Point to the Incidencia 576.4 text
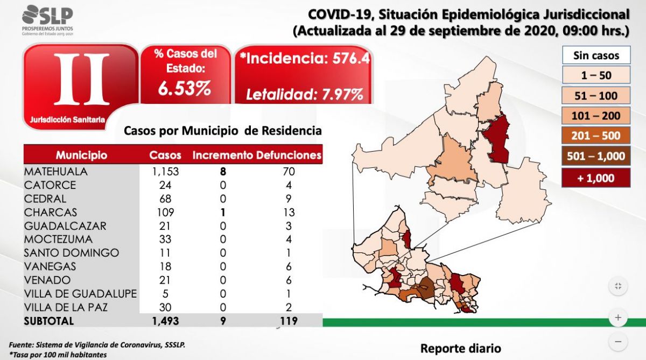pyautogui.click(x=307, y=59)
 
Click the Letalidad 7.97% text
pyautogui.click(x=304, y=95)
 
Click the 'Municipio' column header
pyautogui.click(x=81, y=156)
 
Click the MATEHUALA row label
pyautogui.click(x=55, y=172)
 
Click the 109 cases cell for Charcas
pyautogui.click(x=165, y=212)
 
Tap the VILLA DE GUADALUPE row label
pyautogui.click(x=80, y=294)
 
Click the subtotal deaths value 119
pyautogui.click(x=288, y=321)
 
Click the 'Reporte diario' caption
pyautogui.click(x=460, y=348)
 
